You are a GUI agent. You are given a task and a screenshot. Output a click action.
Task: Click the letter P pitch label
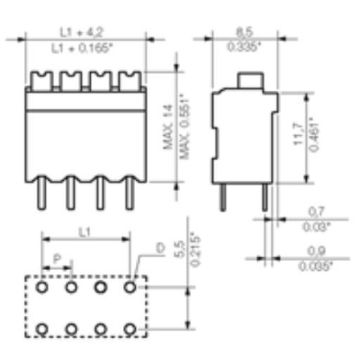tap(58, 259)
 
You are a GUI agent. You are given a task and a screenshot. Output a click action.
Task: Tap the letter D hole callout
tap(159, 248)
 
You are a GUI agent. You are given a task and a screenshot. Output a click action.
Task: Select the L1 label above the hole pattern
tap(85, 233)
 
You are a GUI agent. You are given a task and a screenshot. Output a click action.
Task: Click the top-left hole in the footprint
tap(42, 286)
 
